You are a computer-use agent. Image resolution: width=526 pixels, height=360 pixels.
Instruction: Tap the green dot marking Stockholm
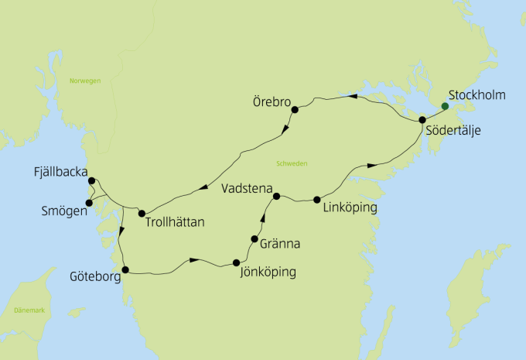[444, 106]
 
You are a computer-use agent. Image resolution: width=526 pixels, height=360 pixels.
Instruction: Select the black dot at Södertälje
[422, 119]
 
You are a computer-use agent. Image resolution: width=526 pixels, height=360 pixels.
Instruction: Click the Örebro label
[271, 101]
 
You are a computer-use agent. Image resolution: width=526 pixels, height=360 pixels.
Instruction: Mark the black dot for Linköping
[318, 200]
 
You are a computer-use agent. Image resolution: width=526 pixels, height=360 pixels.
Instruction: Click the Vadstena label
[245, 188]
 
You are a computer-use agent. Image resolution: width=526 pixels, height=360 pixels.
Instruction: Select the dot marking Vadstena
[276, 196]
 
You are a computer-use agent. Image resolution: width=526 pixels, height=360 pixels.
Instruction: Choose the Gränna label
[279, 244]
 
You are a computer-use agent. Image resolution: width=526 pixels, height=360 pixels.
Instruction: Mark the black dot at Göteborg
[125, 270]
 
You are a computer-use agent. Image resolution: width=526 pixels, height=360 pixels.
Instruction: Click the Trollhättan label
[174, 223]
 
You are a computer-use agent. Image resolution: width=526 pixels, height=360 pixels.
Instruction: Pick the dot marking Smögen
[89, 203]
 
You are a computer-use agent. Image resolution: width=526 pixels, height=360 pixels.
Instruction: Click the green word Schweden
[291, 163]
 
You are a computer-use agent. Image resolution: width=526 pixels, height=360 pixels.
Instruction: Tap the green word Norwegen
[84, 81]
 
